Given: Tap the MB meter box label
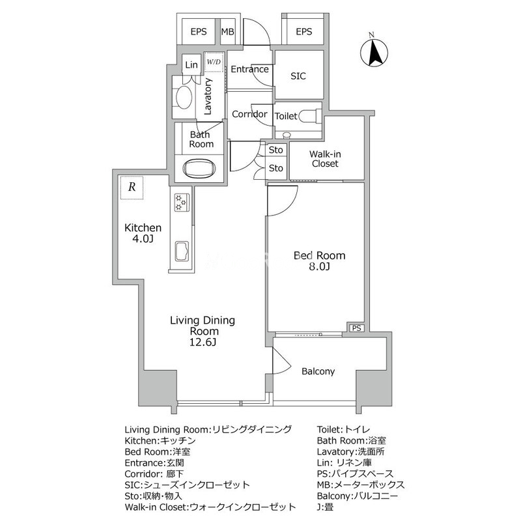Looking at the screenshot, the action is point(227,31).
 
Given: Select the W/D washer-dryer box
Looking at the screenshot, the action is point(214,62).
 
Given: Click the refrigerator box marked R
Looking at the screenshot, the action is point(132,188).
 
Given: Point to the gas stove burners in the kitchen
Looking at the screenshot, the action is point(182,203).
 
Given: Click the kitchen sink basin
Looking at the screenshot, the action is point(182,251).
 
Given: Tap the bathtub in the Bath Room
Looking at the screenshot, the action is point(199,169).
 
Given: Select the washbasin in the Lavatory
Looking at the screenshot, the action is point(184,97).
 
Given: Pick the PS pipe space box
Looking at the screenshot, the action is point(356,328).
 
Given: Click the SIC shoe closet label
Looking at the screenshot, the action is point(298,76).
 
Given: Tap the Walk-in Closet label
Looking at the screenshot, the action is point(324,159).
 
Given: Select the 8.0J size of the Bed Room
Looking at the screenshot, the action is point(319,266).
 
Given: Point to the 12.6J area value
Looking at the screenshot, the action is point(203,342).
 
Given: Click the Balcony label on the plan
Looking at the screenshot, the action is point(318,371).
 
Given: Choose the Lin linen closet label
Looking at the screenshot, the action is point(191,64).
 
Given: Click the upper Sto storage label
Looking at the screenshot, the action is point(275,150).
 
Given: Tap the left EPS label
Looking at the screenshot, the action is point(199,31).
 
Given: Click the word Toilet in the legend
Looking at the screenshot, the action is point(328,429).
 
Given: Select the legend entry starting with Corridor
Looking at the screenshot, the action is point(154,474).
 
